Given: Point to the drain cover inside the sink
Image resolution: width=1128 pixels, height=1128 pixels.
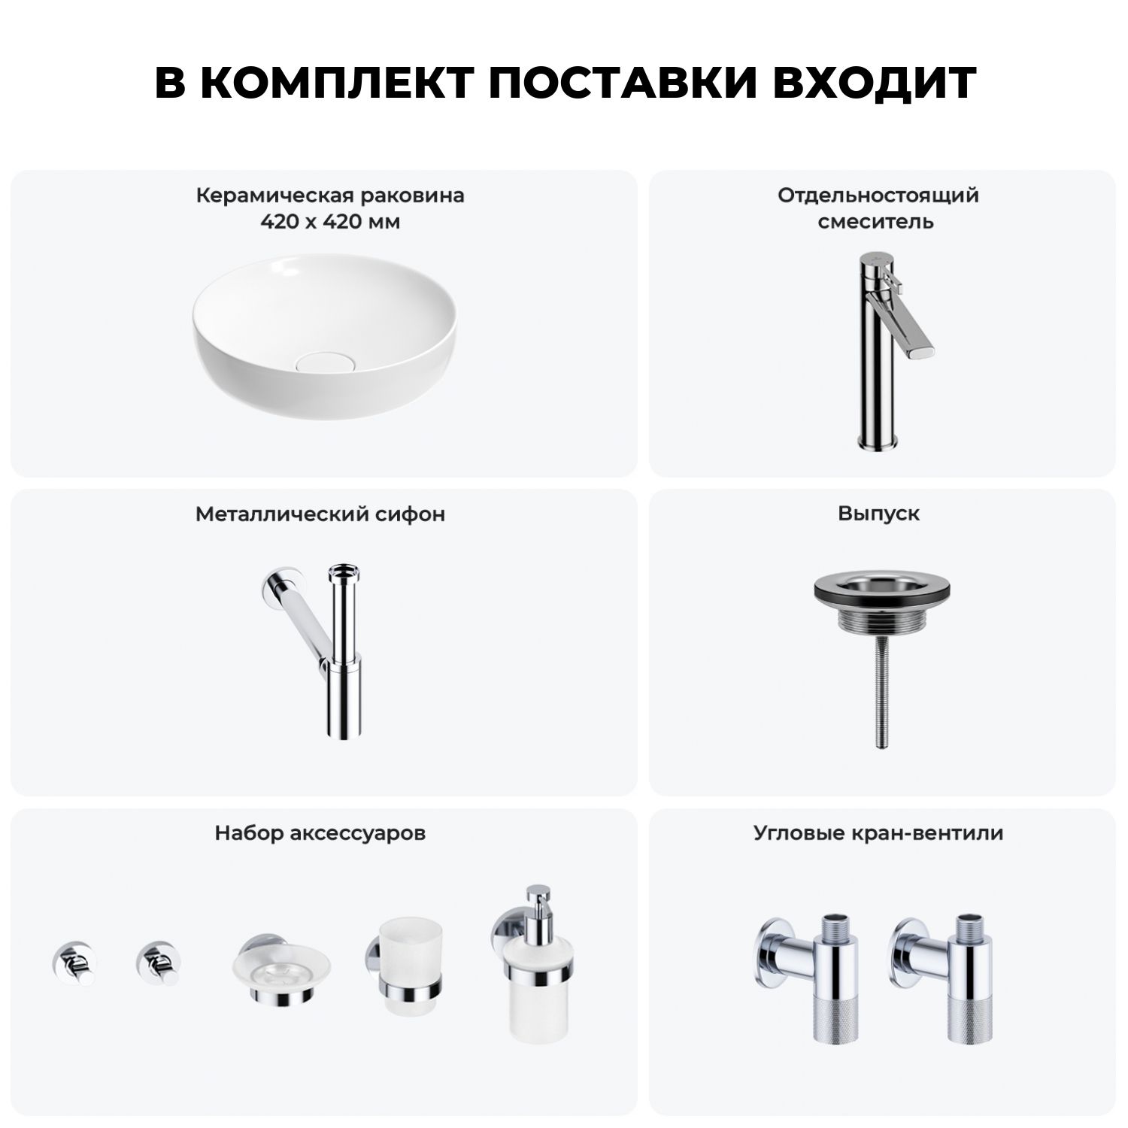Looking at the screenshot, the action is [318, 362].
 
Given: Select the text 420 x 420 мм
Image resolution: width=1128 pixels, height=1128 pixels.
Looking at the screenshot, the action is [330, 222].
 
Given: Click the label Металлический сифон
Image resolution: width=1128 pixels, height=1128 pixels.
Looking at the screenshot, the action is [320, 514].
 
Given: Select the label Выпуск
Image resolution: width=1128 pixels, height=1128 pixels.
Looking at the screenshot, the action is [878, 514].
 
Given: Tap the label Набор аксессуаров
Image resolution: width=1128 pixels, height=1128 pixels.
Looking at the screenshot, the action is [320, 833].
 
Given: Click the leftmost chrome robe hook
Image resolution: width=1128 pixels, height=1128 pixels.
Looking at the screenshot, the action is [73, 963].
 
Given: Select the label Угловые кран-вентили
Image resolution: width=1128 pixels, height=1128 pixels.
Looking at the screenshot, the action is [878, 833].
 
